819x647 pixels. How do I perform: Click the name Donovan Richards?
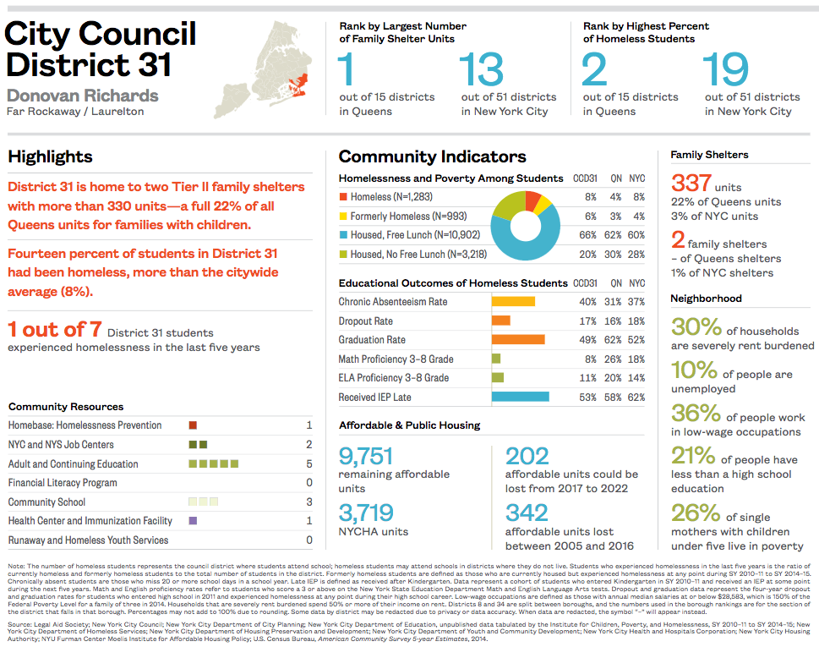click(83, 95)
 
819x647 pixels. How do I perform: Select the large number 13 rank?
click(482, 69)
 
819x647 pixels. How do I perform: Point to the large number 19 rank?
click(726, 69)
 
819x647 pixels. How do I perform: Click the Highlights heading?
click(51, 156)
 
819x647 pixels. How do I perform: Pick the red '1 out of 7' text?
click(54, 330)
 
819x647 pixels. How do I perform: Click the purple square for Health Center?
click(193, 521)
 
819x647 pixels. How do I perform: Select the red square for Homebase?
click(193, 425)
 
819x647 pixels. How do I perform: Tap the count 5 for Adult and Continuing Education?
click(309, 463)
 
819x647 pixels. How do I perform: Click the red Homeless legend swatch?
click(343, 197)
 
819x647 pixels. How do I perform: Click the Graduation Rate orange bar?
click(517, 340)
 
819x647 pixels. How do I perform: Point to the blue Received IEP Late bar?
click(520, 397)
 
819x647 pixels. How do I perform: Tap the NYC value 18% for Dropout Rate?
click(636, 321)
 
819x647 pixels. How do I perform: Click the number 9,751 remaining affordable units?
click(366, 457)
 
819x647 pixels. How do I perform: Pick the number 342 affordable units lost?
click(527, 513)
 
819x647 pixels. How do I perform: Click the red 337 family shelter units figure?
click(691, 183)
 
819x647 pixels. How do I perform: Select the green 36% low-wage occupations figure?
click(696, 413)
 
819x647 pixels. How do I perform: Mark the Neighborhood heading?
click(706, 299)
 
